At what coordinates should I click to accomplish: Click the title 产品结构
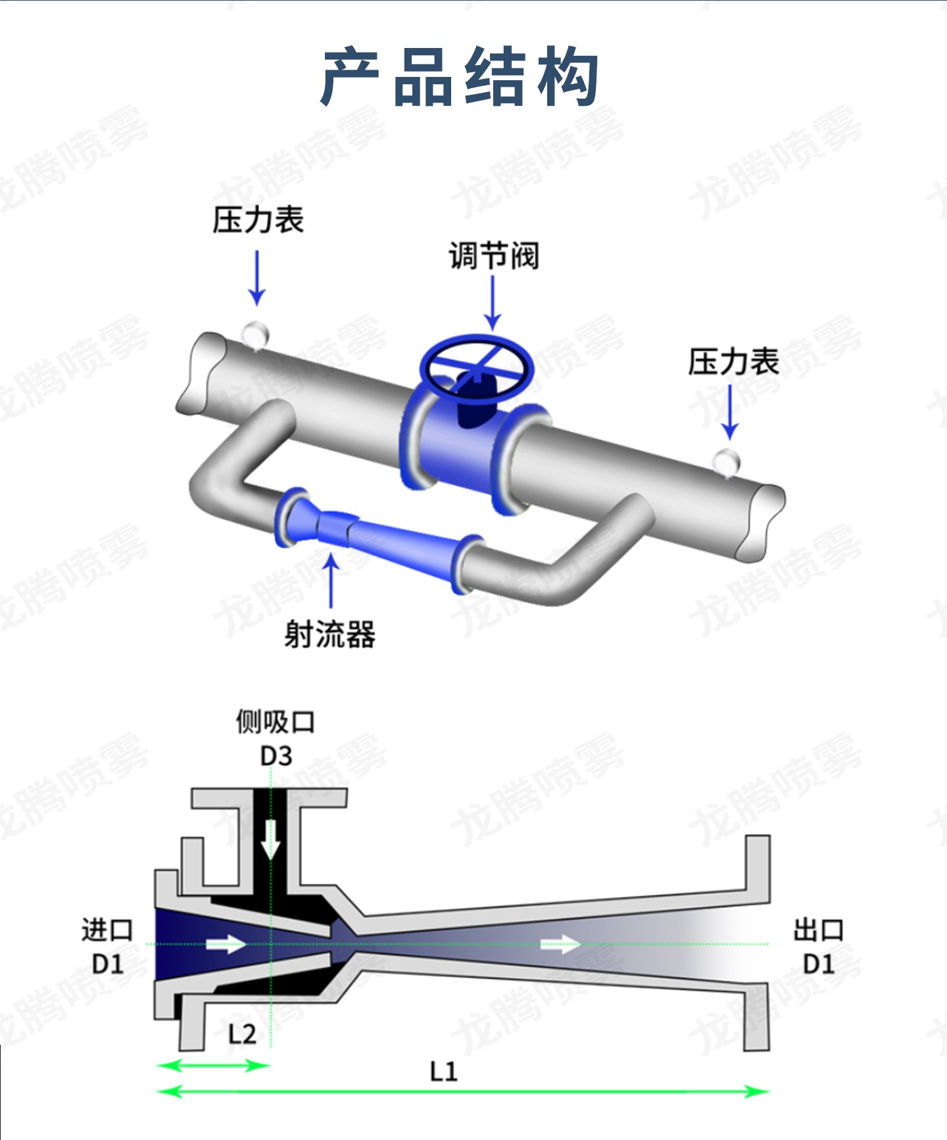pyautogui.click(x=460, y=76)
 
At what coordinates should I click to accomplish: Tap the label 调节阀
pyautogui.click(x=494, y=255)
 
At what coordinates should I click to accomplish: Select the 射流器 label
pyautogui.click(x=329, y=634)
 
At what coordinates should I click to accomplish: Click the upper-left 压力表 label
pyautogui.click(x=258, y=220)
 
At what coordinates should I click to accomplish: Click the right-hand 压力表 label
pyautogui.click(x=733, y=362)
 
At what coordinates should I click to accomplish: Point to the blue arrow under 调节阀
pyautogui.click(x=493, y=303)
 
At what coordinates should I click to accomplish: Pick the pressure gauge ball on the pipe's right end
pyautogui.click(x=727, y=462)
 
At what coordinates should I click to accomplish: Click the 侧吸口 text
pyautogui.click(x=276, y=722)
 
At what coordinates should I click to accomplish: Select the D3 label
pyautogui.click(x=276, y=756)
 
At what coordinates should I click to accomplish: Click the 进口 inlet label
pyautogui.click(x=107, y=930)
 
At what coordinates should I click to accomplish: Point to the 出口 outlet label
pyautogui.click(x=819, y=930)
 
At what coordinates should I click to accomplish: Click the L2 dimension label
pyautogui.click(x=241, y=1035)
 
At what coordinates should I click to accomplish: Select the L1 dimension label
pyautogui.click(x=443, y=1072)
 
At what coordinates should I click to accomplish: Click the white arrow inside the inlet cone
pyautogui.click(x=226, y=945)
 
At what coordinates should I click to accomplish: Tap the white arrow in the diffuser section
pyautogui.click(x=560, y=945)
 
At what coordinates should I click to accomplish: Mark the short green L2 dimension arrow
pyautogui.click(x=213, y=1064)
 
